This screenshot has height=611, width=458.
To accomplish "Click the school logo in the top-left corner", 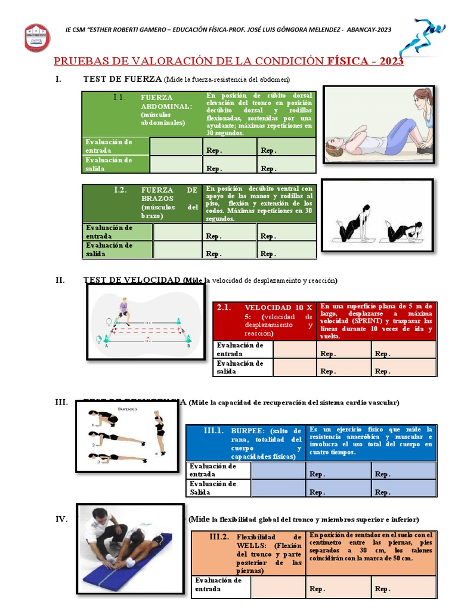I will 37,37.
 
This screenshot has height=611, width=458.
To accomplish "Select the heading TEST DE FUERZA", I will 122,79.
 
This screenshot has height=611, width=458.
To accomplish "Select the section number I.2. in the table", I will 120,190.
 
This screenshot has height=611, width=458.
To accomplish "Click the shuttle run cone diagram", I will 146,322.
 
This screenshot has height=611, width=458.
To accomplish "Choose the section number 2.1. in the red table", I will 224,307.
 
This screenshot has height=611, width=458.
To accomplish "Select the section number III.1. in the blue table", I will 213,430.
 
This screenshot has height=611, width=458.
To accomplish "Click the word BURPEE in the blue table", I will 248,430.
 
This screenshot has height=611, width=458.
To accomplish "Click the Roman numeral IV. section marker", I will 61,519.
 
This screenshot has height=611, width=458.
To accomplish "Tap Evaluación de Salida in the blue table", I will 213,487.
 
